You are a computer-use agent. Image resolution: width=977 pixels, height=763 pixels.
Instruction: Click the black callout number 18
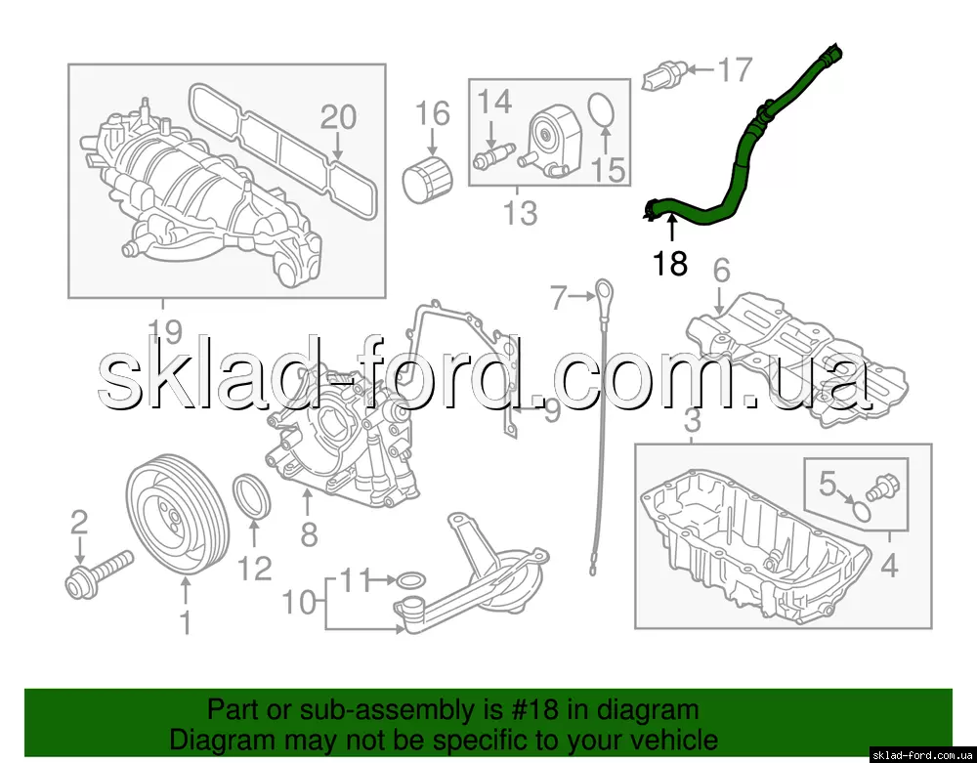(670, 263)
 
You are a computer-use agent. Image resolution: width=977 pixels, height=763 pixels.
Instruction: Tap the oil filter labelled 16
(427, 180)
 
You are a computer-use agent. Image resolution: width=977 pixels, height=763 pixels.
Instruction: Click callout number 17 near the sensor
(736, 69)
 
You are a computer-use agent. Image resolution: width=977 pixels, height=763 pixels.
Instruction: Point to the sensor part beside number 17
(664, 75)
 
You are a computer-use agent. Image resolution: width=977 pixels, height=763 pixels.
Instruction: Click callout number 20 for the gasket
(339, 117)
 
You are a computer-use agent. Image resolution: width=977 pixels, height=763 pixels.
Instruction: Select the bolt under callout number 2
(99, 572)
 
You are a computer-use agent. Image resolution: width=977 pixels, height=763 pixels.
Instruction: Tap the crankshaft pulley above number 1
(178, 517)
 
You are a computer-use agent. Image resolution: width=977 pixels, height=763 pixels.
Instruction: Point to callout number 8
(309, 534)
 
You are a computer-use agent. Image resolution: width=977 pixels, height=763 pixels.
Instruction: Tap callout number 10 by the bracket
(300, 603)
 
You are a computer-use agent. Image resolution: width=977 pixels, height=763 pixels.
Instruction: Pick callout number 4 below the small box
(890, 567)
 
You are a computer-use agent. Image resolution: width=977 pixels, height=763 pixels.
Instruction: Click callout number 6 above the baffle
(721, 271)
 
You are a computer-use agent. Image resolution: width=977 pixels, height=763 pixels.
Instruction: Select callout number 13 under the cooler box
(520, 213)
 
